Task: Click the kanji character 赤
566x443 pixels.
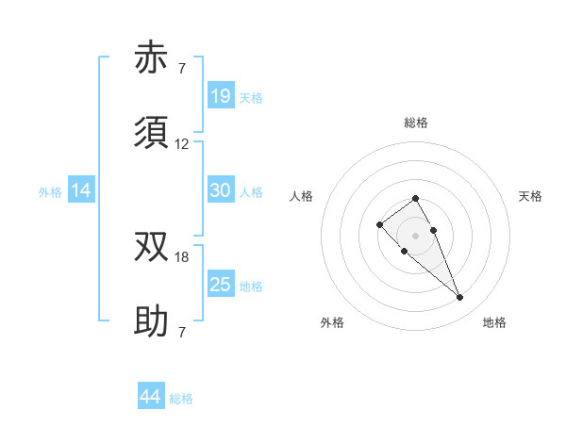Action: (152, 58)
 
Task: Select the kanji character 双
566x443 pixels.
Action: (152, 246)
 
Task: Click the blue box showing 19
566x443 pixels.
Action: (221, 96)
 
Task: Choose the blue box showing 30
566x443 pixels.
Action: (221, 190)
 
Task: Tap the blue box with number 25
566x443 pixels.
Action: (221, 285)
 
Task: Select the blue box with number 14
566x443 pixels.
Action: (81, 191)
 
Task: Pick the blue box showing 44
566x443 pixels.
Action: (151, 398)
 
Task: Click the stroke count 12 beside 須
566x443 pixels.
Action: (182, 144)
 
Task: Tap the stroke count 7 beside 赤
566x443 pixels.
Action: (182, 69)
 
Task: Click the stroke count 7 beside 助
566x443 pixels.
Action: (182, 333)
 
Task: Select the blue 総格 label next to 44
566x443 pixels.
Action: (181, 399)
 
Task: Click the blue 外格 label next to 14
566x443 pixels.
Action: (50, 192)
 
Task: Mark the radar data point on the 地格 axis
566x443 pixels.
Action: (460, 298)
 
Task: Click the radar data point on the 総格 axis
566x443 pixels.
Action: (415, 198)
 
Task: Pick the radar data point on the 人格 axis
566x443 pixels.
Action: (379, 224)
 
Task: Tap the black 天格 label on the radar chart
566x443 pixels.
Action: (530, 196)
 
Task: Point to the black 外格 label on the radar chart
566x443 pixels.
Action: (332, 322)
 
